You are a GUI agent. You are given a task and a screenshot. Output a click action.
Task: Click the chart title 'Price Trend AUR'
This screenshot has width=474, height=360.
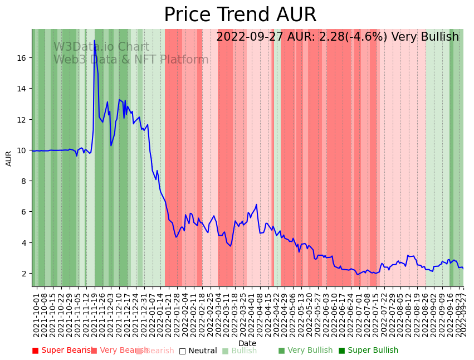tap(240, 15)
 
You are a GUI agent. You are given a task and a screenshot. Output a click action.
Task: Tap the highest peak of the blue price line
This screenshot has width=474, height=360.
tap(94, 41)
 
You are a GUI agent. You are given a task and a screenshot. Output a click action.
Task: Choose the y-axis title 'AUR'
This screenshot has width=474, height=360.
tap(9, 158)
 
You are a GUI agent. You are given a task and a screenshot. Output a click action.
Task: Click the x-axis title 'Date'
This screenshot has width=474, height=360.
tap(247, 343)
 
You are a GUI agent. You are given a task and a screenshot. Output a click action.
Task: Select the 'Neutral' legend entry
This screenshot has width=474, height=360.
tap(198, 351)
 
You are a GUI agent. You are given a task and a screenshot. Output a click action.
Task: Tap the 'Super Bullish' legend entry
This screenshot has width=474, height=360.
tap(368, 351)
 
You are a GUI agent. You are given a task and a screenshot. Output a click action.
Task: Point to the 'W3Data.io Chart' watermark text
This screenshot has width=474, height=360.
tap(101, 47)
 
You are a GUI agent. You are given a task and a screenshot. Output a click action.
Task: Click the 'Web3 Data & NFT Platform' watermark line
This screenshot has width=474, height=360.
tap(131, 60)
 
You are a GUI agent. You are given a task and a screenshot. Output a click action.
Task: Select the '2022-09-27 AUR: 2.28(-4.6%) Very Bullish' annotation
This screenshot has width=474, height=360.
tap(338, 37)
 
